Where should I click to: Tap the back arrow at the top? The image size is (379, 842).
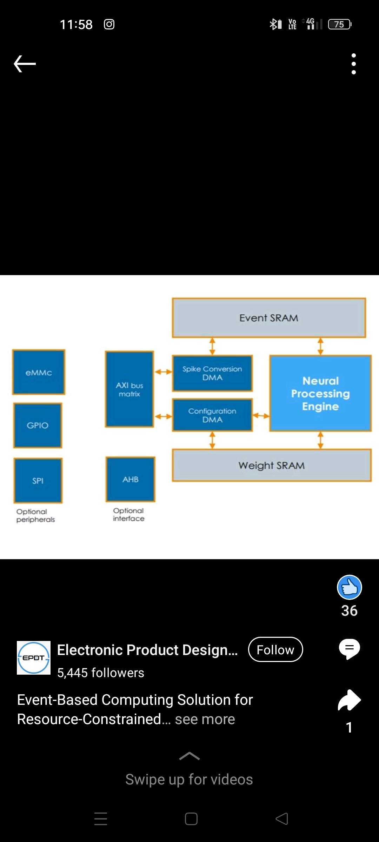tap(25, 64)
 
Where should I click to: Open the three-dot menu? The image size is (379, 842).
tap(354, 64)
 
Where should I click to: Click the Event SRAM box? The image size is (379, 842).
tap(269, 318)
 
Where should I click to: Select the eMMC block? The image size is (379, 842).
tap(39, 372)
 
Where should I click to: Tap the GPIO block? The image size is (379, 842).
tap(38, 425)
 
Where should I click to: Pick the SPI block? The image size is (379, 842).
tap(38, 480)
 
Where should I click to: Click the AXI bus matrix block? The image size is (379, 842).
tap(129, 389)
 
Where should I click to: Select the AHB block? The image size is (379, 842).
tap(131, 479)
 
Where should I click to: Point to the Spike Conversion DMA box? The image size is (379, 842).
tap(212, 373)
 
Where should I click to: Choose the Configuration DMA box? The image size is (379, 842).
tap(212, 415)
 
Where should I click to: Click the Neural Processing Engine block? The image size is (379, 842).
tap(320, 393)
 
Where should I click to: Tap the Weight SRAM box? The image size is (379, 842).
tap(272, 465)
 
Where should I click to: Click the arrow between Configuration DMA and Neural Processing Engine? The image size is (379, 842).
tap(261, 416)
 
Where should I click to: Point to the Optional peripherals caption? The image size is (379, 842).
tap(35, 515)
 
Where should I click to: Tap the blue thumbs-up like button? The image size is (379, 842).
tap(350, 587)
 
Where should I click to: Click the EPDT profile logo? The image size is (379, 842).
tap(34, 658)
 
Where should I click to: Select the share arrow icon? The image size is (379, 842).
tap(350, 700)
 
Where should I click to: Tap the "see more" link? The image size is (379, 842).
tap(205, 719)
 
